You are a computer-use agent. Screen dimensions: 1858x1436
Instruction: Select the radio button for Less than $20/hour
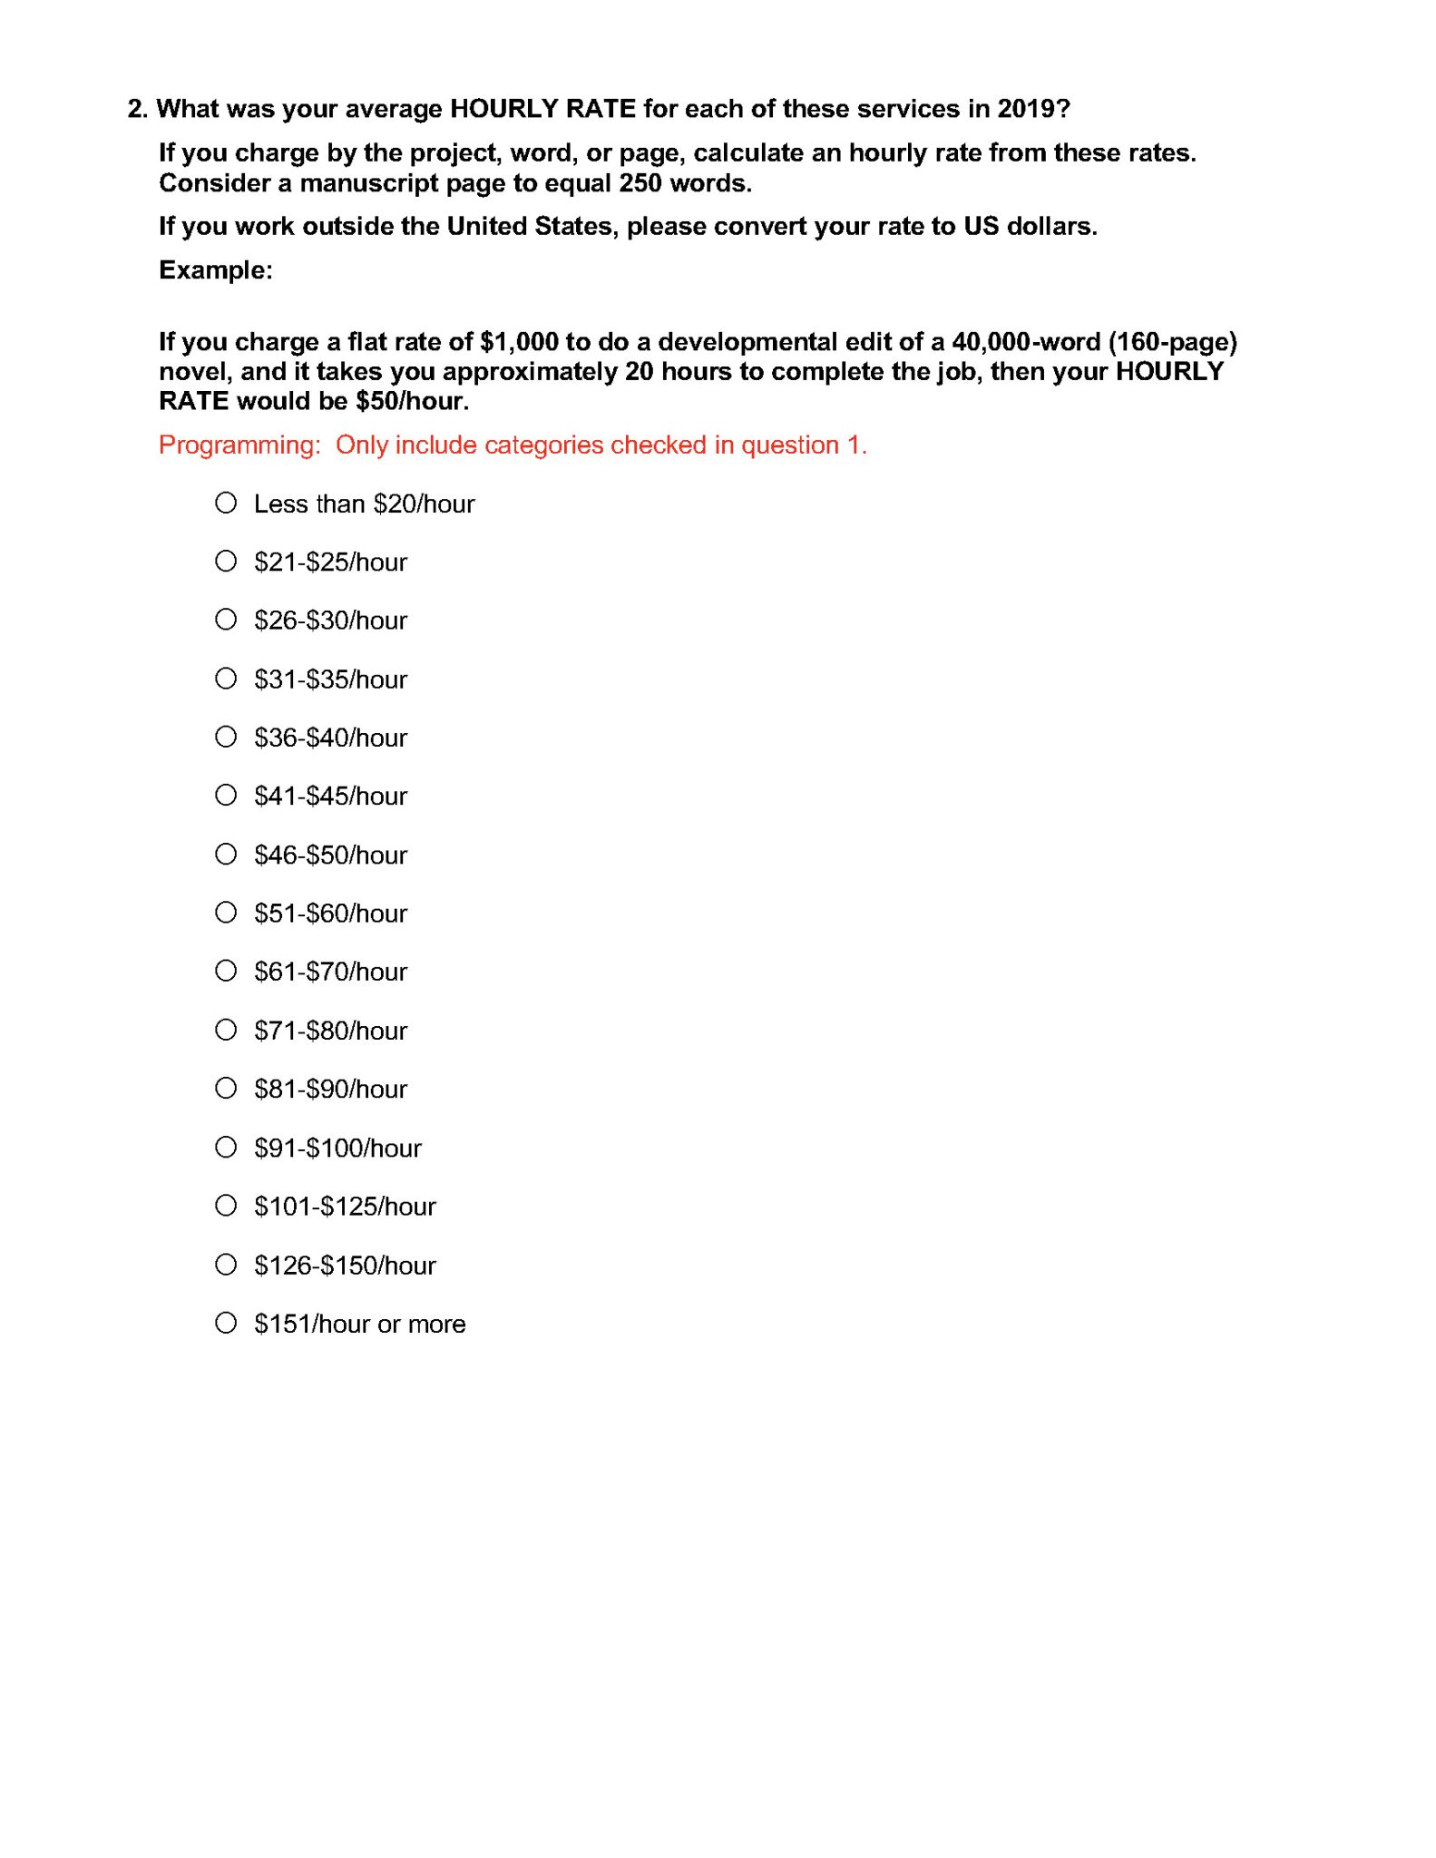[226, 503]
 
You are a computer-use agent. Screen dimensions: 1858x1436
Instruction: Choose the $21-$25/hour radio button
[226, 562]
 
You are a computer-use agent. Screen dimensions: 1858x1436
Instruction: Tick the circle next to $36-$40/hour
[226, 737]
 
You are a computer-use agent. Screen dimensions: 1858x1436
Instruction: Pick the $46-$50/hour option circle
[226, 854]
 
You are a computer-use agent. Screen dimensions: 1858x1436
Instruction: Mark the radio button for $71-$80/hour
[226, 1030]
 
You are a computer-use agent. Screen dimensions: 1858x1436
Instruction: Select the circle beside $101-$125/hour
[226, 1206]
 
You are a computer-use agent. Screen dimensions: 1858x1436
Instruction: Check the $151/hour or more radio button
[226, 1323]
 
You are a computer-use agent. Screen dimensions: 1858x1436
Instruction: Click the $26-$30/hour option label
[330, 621]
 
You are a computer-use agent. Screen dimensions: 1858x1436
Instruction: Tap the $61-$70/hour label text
[330, 972]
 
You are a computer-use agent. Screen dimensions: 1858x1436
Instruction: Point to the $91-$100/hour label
[337, 1148]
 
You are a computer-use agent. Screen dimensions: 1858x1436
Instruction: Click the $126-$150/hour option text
[345, 1265]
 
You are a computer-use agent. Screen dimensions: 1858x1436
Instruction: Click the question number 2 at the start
[136, 109]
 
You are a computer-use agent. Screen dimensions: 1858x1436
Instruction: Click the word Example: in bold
[216, 270]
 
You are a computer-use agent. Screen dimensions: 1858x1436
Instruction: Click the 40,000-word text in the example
[1025, 342]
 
